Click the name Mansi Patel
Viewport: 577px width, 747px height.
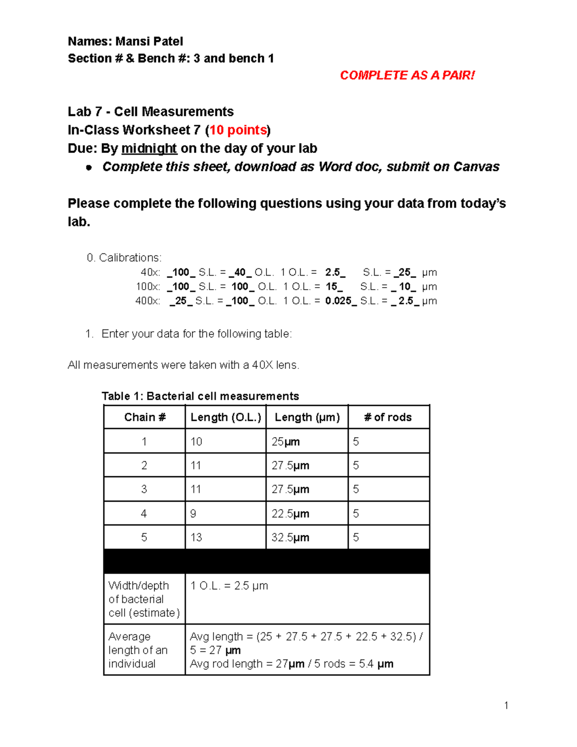pyautogui.click(x=149, y=41)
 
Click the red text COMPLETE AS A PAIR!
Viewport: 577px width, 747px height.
pyautogui.click(x=407, y=76)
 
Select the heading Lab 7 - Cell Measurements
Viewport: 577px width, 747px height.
pyautogui.click(x=151, y=112)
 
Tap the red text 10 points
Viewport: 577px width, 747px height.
pyautogui.click(x=238, y=130)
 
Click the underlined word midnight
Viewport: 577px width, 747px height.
pyautogui.click(x=149, y=149)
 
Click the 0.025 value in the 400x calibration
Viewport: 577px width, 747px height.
pyautogui.click(x=339, y=301)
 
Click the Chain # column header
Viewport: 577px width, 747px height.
pyautogui.click(x=145, y=417)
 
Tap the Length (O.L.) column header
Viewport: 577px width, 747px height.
pyautogui.click(x=226, y=417)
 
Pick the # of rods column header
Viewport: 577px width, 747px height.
pyautogui.click(x=388, y=417)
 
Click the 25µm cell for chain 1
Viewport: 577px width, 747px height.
pyautogui.click(x=286, y=442)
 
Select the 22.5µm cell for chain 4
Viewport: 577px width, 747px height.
pyautogui.click(x=290, y=514)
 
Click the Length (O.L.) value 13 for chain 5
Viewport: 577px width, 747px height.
pyautogui.click(x=196, y=537)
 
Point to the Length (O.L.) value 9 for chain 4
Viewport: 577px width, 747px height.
pyautogui.click(x=193, y=514)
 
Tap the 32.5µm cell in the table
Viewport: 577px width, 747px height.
pyautogui.click(x=290, y=537)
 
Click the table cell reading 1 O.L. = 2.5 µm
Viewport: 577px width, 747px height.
pyautogui.click(x=229, y=586)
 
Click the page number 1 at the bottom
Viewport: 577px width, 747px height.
pyautogui.click(x=506, y=706)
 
